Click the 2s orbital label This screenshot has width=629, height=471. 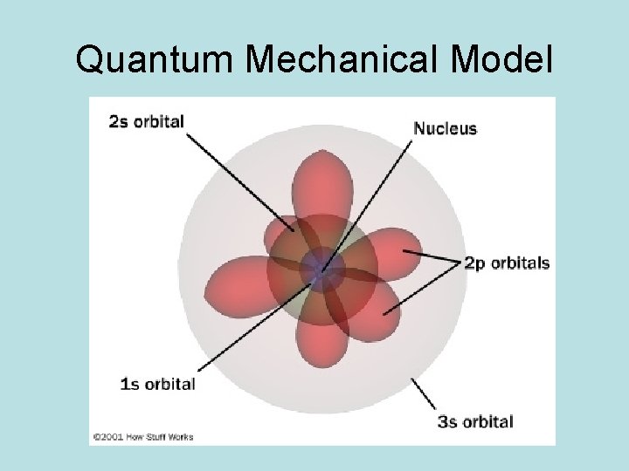pyautogui.click(x=146, y=121)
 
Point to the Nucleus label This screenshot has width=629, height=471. pyautogui.click(x=445, y=128)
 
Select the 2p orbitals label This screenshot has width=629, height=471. pyautogui.click(x=507, y=263)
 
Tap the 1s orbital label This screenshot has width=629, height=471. pyautogui.click(x=157, y=383)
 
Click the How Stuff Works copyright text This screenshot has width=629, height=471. pyautogui.click(x=143, y=435)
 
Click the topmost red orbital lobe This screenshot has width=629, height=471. pyautogui.click(x=321, y=183)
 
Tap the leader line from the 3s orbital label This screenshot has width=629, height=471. pyautogui.click(x=425, y=393)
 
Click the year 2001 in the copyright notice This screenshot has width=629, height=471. pyautogui.click(x=111, y=435)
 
